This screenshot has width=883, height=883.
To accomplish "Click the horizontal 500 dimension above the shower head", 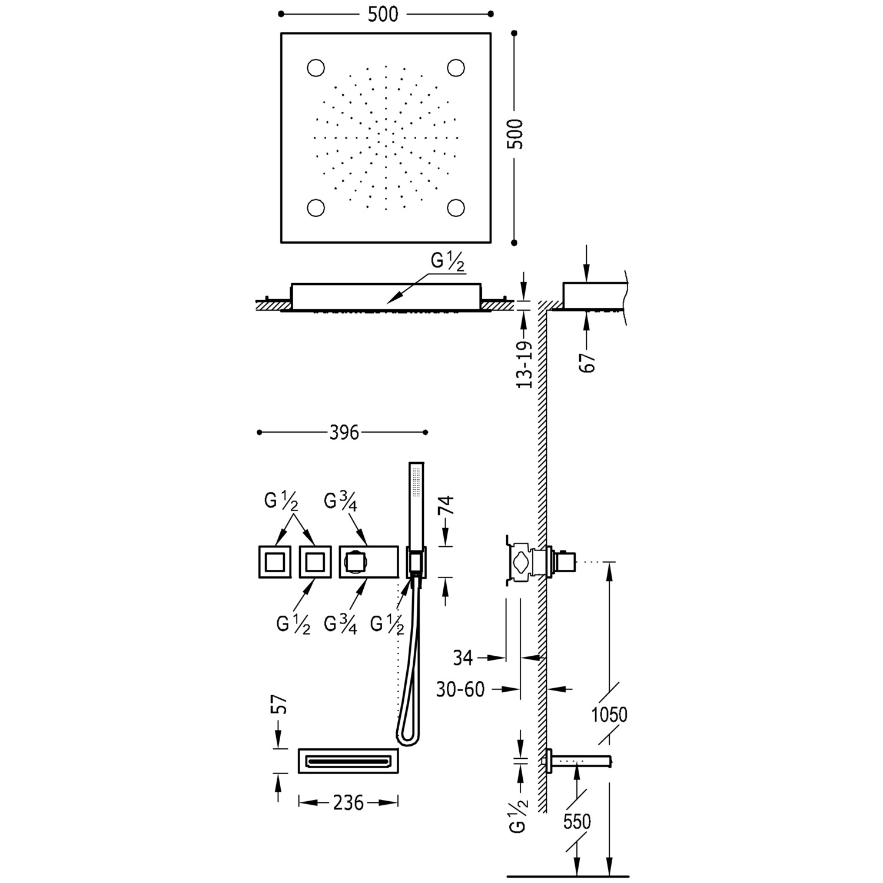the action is (383, 15).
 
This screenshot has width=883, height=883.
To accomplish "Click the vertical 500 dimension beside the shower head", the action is (514, 134).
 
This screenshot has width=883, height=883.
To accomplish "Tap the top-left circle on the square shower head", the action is (316, 68).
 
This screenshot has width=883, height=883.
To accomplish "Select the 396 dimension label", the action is (344, 433).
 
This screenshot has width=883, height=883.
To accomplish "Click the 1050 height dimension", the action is (609, 715).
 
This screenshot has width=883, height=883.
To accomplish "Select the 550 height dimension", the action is (576, 821).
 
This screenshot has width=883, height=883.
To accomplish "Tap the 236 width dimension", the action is (348, 802).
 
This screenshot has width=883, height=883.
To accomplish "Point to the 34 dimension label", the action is (463, 658).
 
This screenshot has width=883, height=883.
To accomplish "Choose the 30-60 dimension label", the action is (460, 689).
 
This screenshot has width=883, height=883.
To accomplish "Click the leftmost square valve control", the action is (274, 562).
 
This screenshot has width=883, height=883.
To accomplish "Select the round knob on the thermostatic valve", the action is (354, 562).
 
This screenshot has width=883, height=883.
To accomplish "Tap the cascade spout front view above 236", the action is (348, 761).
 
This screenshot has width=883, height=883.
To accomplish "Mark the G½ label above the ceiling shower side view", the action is (448, 263).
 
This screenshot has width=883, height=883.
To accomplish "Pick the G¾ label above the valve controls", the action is (340, 502).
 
